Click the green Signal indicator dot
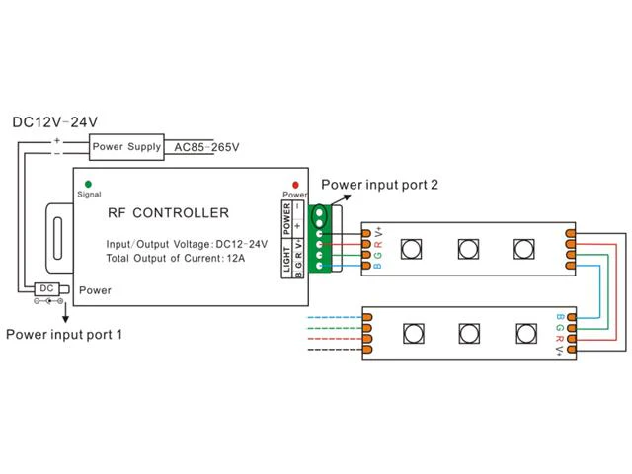[88, 185]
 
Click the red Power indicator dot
[295, 185]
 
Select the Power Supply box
[126, 147]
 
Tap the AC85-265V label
[206, 147]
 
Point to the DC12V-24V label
[55, 122]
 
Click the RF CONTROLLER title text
[168, 213]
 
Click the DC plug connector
[51, 289]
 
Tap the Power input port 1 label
[63, 334]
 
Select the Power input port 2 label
[379, 185]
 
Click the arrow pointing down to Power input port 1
[65, 313]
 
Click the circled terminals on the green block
[320, 217]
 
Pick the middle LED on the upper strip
[468, 249]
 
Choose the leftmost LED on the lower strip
[413, 334]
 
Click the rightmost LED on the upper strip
[524, 249]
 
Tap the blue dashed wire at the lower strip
[335, 318]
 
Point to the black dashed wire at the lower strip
[335, 349]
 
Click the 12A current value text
[236, 258]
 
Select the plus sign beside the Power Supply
[57, 140]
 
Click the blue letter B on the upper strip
[377, 266]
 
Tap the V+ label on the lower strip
[560, 350]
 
